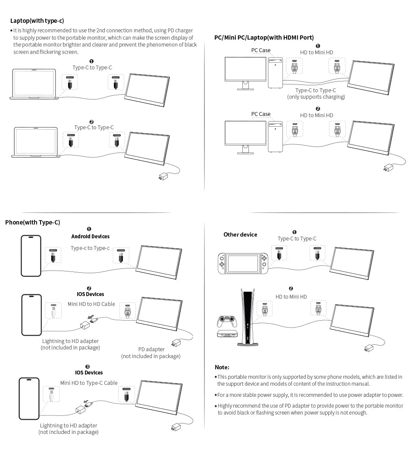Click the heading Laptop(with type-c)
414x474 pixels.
tap(37, 21)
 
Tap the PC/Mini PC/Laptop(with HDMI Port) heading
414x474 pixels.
tap(264, 37)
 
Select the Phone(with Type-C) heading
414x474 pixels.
tap(32, 222)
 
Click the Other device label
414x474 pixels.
tap(240, 234)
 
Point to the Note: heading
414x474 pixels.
tap(222, 367)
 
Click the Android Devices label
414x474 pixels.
tap(90, 236)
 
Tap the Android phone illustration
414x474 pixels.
tap(31, 256)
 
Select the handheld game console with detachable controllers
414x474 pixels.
tap(243, 263)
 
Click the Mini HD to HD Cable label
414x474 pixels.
tap(91, 304)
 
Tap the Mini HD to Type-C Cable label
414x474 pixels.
tap(89, 383)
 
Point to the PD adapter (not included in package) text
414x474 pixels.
tap(151, 352)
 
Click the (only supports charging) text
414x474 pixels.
tap(316, 97)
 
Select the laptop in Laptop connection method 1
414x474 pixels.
tap(34, 84)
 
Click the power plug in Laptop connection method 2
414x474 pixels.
tap(163, 176)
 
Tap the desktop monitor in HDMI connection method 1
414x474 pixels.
tap(245, 72)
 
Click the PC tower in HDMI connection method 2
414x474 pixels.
tap(275, 136)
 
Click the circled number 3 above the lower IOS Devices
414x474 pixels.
tap(88, 367)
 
